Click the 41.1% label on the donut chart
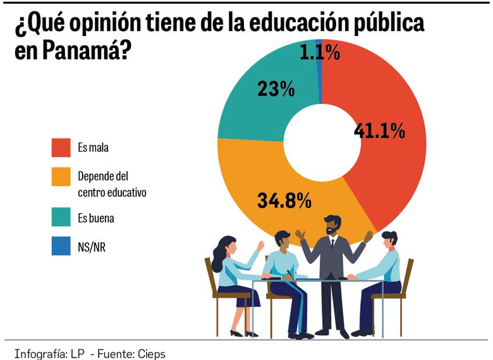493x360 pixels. point(379,131)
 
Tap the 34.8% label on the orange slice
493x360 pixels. point(284,201)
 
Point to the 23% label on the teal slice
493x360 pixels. point(276,89)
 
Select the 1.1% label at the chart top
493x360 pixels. point(320,53)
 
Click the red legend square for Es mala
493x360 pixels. point(61,147)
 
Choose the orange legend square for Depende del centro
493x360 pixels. point(61,177)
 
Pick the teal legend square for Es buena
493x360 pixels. point(61,218)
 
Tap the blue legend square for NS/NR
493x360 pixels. point(61,246)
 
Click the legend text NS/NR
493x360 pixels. point(92,247)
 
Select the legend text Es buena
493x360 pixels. point(95,218)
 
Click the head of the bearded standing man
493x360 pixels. point(332,225)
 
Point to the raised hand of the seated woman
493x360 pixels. point(260,245)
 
